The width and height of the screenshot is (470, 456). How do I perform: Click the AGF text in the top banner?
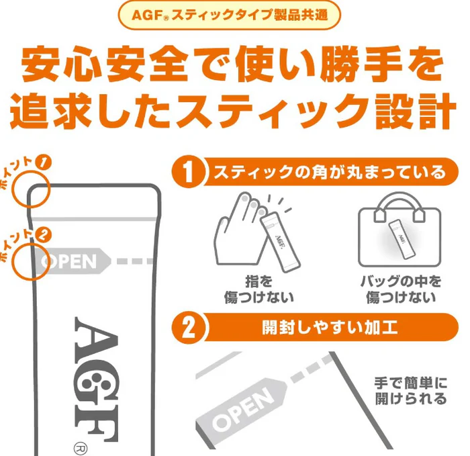click(147, 15)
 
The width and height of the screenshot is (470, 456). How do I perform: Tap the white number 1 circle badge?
click(189, 172)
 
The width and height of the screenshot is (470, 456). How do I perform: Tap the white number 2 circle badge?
click(189, 327)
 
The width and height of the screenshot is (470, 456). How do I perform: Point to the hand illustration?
click(240, 231)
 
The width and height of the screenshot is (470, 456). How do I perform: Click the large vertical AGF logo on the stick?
click(96, 379)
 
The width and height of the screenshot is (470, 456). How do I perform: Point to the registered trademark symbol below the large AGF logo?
click(81, 449)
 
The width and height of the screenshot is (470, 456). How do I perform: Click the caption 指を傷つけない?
click(258, 289)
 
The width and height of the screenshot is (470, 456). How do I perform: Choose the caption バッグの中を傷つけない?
click(401, 289)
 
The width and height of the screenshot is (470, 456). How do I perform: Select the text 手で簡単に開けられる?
click(411, 391)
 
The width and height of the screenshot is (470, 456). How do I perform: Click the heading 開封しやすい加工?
click(330, 327)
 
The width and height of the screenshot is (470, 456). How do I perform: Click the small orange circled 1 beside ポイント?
click(44, 163)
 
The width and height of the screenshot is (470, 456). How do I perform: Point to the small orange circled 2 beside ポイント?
click(44, 235)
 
